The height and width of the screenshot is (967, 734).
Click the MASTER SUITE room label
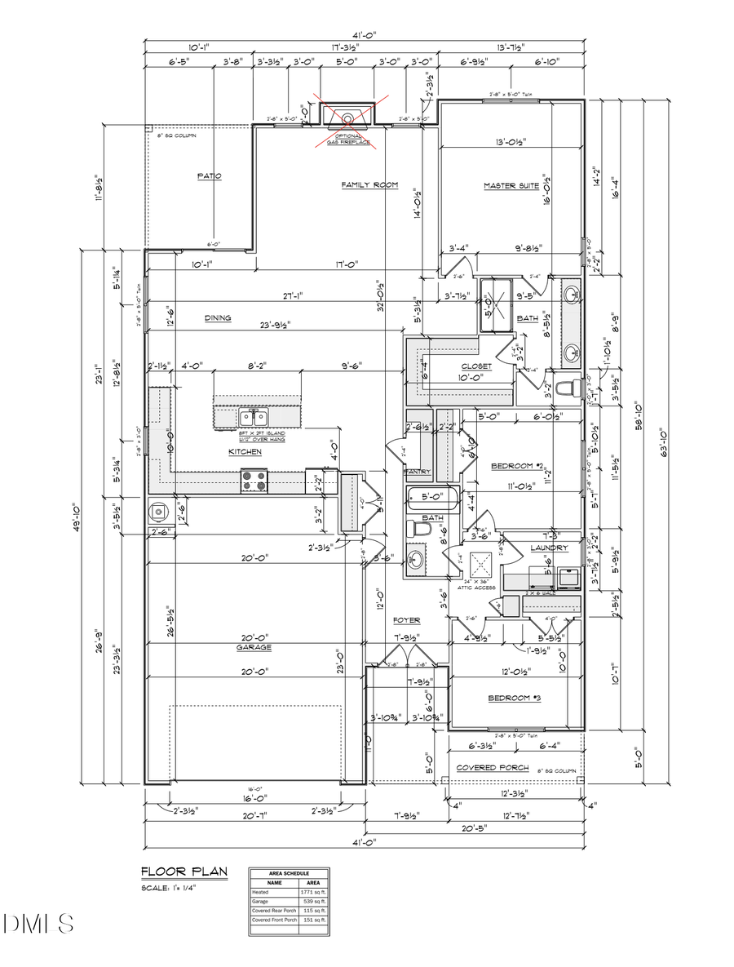point(511,186)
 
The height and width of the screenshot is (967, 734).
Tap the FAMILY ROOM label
point(369,185)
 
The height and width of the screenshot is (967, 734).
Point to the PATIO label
point(210,175)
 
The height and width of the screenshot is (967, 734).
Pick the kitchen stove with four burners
point(254,481)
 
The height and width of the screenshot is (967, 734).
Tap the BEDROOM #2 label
point(516,467)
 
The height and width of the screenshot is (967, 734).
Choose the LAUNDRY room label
point(548,548)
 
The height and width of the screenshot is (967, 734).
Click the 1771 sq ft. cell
point(314,893)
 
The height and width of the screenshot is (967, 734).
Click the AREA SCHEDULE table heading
point(290,873)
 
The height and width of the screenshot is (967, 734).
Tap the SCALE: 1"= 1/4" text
point(169,888)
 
